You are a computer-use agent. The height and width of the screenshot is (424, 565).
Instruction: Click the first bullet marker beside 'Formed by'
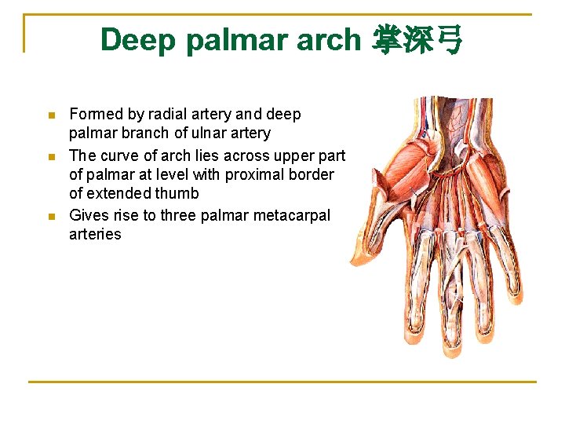pos(52,115)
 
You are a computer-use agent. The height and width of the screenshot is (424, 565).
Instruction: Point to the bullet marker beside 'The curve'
pos(52,156)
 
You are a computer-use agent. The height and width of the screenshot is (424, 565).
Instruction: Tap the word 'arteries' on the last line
pos(95,234)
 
